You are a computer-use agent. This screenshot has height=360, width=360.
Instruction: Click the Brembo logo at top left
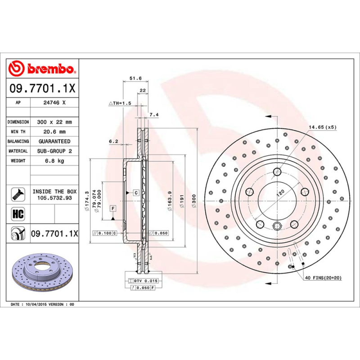pos(41,68)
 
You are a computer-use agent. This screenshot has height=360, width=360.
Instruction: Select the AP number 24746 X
pos(54,103)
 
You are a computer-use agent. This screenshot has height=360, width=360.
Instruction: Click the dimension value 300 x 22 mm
pos(54,122)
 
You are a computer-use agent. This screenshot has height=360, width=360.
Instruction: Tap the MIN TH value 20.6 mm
pos(54,132)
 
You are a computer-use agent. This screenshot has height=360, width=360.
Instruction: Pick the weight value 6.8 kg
pos(54,161)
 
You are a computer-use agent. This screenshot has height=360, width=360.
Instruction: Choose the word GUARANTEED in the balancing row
pos(54,141)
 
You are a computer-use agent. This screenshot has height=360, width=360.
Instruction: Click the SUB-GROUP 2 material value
pos(54,151)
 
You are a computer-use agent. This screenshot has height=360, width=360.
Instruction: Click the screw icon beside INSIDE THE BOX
pos(18,194)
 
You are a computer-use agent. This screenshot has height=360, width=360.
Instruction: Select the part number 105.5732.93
pos(54,198)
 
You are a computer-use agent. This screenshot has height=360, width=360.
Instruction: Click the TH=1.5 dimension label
pos(120,103)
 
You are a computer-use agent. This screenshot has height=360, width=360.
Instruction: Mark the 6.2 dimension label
pos(113,141)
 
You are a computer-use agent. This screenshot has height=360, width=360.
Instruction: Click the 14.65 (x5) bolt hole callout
pos(322,127)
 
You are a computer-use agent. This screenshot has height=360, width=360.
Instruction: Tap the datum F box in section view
pos(112,208)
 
